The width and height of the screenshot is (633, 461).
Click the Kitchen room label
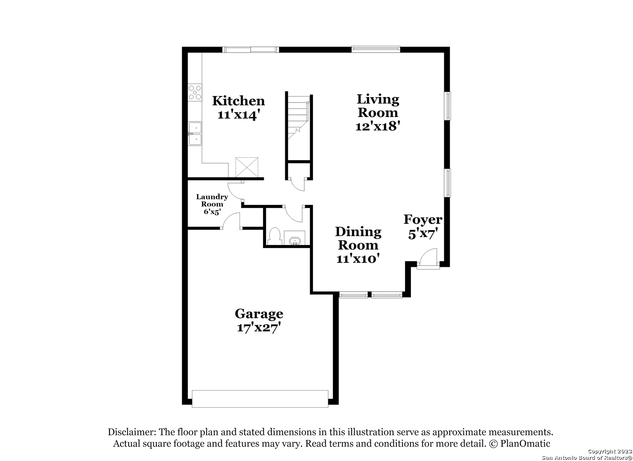point(239,101)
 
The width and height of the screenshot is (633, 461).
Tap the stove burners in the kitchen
point(195,93)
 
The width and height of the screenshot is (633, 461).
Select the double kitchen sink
point(195,134)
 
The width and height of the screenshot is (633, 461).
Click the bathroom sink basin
point(295,242)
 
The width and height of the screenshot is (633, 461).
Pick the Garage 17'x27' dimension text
point(259,328)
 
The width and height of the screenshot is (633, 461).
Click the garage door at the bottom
point(260,399)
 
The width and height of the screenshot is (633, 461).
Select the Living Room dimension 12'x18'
point(378,126)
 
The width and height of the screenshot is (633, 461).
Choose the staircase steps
point(298,117)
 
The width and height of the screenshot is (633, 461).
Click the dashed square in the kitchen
point(247,167)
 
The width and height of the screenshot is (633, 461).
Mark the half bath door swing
point(294,214)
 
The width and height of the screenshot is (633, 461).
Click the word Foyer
point(423,219)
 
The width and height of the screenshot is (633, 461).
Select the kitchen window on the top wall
point(251,50)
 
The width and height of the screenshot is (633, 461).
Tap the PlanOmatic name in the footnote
point(525,443)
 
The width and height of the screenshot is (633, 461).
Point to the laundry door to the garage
point(231,220)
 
